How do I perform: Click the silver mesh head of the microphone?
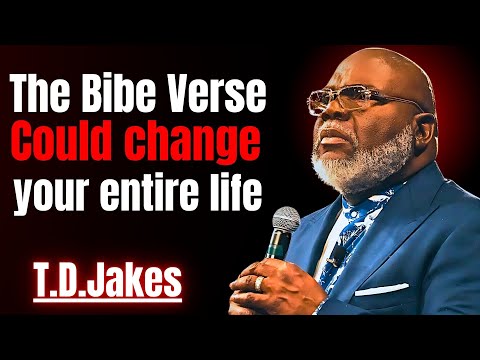tap(288, 226)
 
